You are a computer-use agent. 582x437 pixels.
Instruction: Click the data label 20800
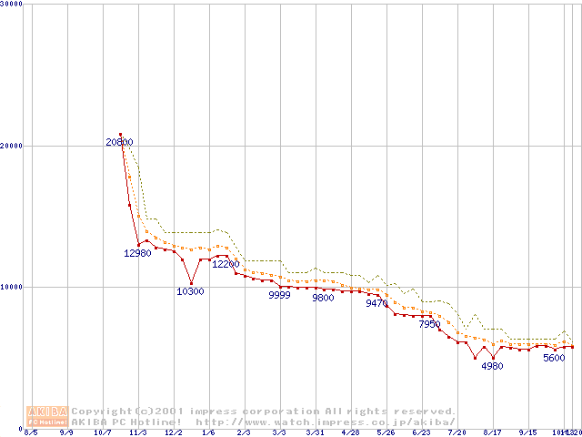click(119, 142)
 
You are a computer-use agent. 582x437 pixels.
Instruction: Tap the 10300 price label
click(190, 291)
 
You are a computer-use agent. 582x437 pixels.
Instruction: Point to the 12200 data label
click(226, 264)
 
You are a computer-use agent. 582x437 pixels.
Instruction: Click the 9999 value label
click(279, 296)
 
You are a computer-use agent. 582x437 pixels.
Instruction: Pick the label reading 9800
click(323, 298)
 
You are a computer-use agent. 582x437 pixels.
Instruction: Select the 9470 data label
click(376, 304)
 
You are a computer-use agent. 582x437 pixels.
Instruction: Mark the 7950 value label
click(429, 324)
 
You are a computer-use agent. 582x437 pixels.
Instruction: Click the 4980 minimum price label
click(492, 366)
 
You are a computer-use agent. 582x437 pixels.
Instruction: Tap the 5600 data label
click(554, 358)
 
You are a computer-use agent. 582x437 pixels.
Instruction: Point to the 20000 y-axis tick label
click(12, 146)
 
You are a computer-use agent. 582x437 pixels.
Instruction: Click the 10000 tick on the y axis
click(12, 287)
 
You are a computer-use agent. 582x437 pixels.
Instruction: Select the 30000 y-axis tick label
click(12, 5)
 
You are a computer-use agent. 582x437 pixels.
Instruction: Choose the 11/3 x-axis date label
click(138, 433)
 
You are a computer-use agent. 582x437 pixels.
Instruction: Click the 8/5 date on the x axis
click(31, 433)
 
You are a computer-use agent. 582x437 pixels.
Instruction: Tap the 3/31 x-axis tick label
click(315, 433)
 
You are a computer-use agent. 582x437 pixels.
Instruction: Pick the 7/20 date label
click(457, 433)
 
